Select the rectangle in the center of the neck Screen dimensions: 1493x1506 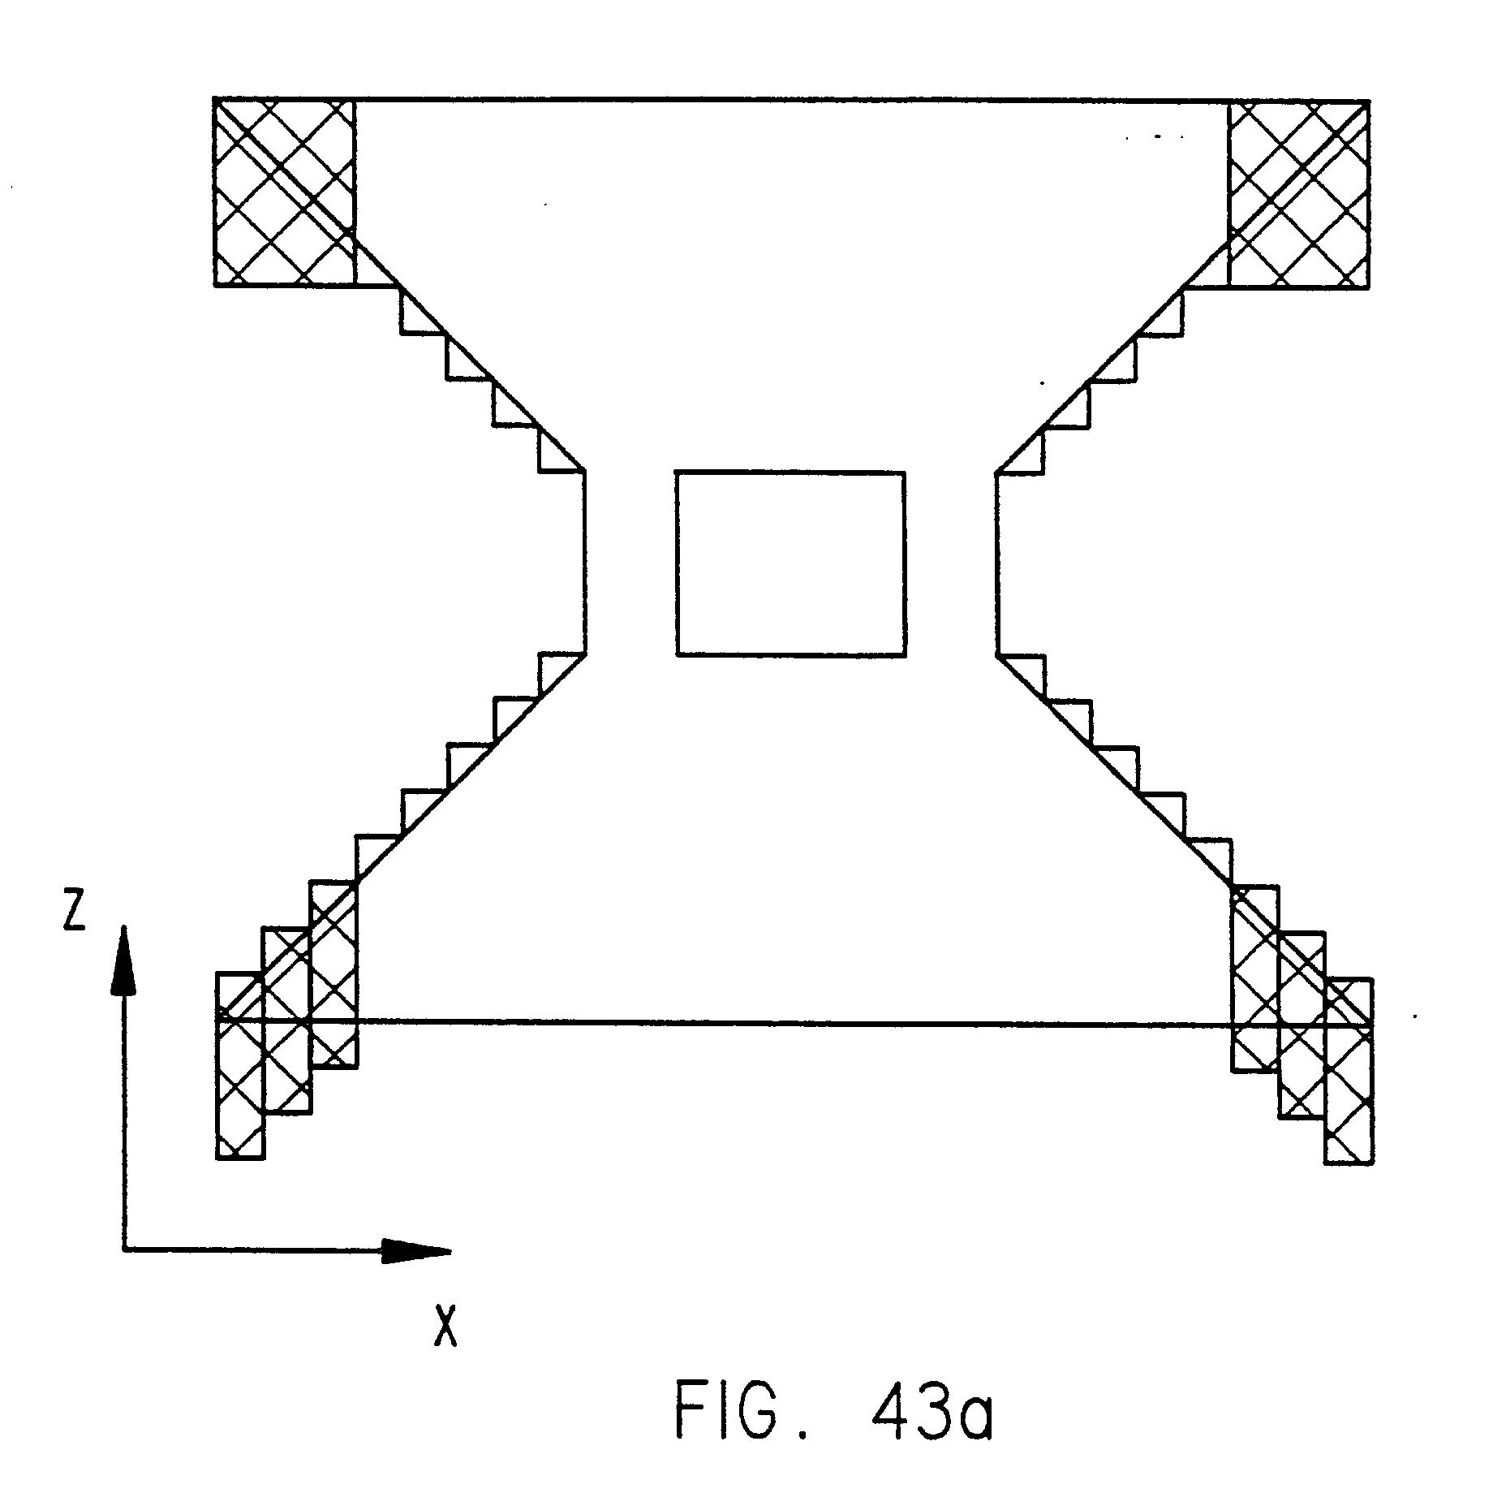coord(790,563)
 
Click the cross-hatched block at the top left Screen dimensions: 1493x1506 coord(284,192)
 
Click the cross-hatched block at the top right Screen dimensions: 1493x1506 coord(1299,193)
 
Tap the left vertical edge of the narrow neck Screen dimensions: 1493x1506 coord(585,562)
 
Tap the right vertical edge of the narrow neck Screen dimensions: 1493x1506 coord(997,562)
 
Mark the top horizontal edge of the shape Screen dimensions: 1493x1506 coord(791,99)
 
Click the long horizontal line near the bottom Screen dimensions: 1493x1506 coord(791,1024)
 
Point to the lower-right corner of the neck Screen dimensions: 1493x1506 coord(997,654)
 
